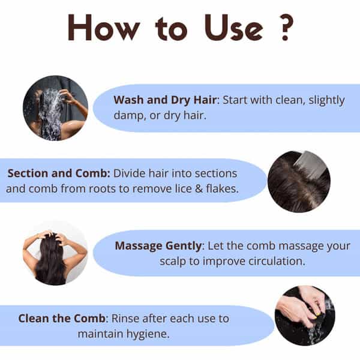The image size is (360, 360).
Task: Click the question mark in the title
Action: (x=284, y=27)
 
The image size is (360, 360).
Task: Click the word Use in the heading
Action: (x=233, y=28)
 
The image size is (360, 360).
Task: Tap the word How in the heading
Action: (x=104, y=28)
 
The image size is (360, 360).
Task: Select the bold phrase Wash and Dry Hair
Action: (x=165, y=101)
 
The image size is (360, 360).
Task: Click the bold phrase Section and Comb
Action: (x=59, y=173)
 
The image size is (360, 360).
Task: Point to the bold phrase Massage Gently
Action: (x=158, y=246)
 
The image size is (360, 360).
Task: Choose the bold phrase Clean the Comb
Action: (x=62, y=319)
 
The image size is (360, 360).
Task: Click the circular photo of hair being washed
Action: (x=56, y=108)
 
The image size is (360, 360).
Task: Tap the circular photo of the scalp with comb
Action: (x=299, y=181)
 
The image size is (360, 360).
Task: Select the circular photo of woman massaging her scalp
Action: (x=55, y=253)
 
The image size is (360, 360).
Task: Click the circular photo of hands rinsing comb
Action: (x=305, y=316)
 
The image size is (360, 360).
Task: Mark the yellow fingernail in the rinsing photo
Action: (x=317, y=314)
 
